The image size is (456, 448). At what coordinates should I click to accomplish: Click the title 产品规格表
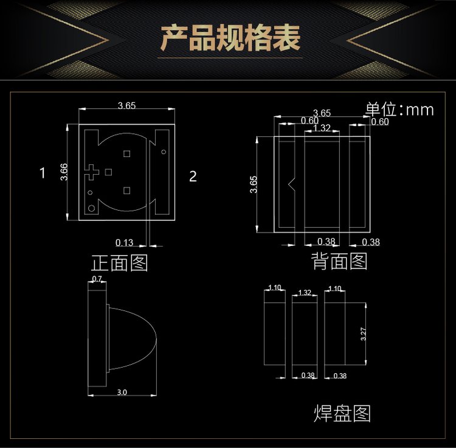[230, 38]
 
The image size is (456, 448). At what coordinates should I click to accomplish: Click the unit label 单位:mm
[399, 110]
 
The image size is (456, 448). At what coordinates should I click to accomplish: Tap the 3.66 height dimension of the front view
[64, 172]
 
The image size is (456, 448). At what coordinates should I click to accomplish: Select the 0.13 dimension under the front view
[124, 242]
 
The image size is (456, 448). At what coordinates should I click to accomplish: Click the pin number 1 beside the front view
[43, 173]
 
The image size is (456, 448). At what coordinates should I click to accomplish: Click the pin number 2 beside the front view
[193, 176]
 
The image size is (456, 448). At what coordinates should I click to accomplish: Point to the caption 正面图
[120, 262]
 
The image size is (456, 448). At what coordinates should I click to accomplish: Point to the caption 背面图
[339, 261]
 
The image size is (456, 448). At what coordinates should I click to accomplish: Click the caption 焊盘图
[342, 413]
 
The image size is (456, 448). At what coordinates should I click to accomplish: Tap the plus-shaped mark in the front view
[92, 172]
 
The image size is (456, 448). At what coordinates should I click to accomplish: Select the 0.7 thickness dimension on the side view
[97, 279]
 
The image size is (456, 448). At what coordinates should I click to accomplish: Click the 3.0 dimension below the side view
[122, 392]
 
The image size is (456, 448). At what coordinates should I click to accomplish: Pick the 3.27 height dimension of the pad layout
[363, 334]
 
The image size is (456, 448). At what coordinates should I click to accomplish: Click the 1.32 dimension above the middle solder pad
[305, 292]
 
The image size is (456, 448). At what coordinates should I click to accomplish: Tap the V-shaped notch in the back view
[292, 183]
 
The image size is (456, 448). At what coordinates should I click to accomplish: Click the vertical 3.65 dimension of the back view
[254, 184]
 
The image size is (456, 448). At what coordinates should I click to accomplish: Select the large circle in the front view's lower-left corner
[92, 208]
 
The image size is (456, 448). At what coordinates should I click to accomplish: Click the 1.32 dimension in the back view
[322, 128]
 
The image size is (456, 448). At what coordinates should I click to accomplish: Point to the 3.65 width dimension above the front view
[127, 105]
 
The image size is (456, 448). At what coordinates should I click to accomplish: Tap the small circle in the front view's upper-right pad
[164, 152]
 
